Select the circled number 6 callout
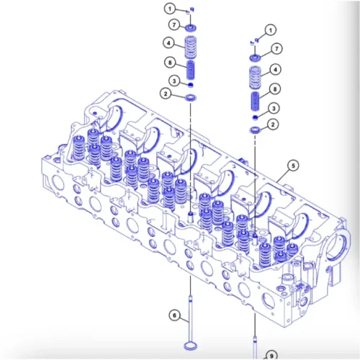pos(174,315)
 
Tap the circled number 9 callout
pos(272,354)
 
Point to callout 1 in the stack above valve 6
pos(169,9)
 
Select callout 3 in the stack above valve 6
pos(174,80)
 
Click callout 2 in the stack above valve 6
pos(166,94)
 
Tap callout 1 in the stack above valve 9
pos(270,30)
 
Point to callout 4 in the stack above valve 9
pos(274,70)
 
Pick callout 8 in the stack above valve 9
pos(274,89)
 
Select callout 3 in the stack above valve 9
pos(274,108)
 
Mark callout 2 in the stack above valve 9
pos(272,125)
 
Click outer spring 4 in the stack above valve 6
pos(191,49)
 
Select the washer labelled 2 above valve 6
pos(191,96)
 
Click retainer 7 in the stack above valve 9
pos(255,57)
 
